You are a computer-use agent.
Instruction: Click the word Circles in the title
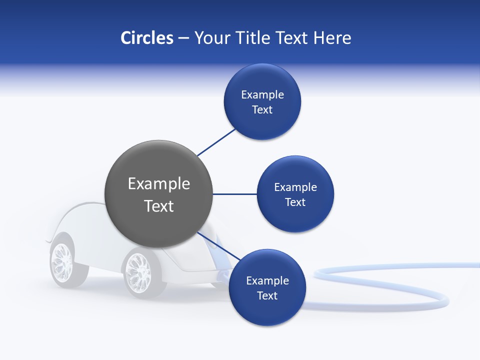click(x=146, y=38)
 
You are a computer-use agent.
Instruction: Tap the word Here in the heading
click(x=332, y=38)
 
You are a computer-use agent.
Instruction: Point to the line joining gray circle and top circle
click(x=216, y=142)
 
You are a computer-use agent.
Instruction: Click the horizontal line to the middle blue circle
click(x=234, y=194)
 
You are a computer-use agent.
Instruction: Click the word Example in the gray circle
click(x=159, y=183)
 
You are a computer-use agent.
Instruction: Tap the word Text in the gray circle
click(x=159, y=205)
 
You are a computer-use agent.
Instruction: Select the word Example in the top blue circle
click(x=262, y=94)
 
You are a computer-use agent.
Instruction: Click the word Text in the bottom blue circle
click(x=267, y=295)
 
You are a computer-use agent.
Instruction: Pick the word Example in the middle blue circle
click(x=295, y=187)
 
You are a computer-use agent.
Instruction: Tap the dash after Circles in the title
click(x=183, y=38)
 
